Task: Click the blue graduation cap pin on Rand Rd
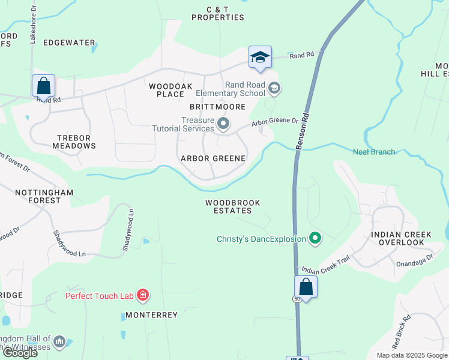(x=260, y=58)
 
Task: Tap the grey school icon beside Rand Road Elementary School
(x=274, y=89)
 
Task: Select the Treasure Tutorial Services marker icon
(x=224, y=124)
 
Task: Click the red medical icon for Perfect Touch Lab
(x=143, y=295)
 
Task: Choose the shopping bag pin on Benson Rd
(x=306, y=287)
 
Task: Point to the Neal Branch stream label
(x=374, y=152)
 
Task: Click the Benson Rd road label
(x=303, y=130)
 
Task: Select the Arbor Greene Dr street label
(x=275, y=122)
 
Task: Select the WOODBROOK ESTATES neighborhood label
(x=233, y=207)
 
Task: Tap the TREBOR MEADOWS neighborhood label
(x=75, y=142)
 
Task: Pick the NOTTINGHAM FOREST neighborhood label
(x=45, y=196)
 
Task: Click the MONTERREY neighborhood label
(x=151, y=315)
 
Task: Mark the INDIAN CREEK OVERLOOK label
(x=397, y=238)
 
